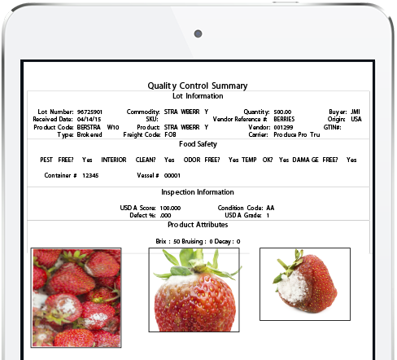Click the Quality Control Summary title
coord(198,86)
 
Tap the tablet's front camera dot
coord(198,33)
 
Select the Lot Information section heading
coord(197,96)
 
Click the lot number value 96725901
coord(89,112)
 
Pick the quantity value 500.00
coord(282,112)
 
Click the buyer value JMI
coord(356,112)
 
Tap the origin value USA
coord(356,119)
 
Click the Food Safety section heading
coord(197,144)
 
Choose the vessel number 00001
coord(172,175)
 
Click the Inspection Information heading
coord(197,193)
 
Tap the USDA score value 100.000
coord(170,208)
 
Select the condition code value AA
coord(270,208)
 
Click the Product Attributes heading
coord(197,225)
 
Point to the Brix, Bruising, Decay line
coord(198,241)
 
